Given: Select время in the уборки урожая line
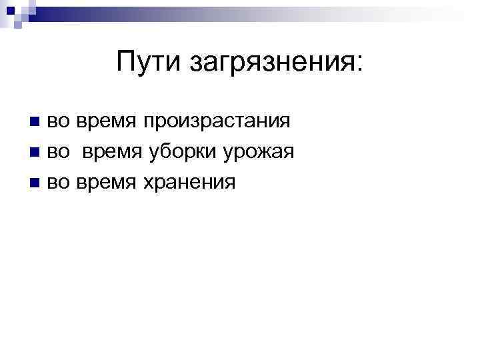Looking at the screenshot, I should [112, 153].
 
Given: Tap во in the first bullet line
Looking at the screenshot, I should [57, 123].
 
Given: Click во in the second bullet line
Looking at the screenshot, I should [57, 153].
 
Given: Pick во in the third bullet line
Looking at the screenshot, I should [57, 182].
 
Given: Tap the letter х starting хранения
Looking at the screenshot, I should [145, 183].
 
